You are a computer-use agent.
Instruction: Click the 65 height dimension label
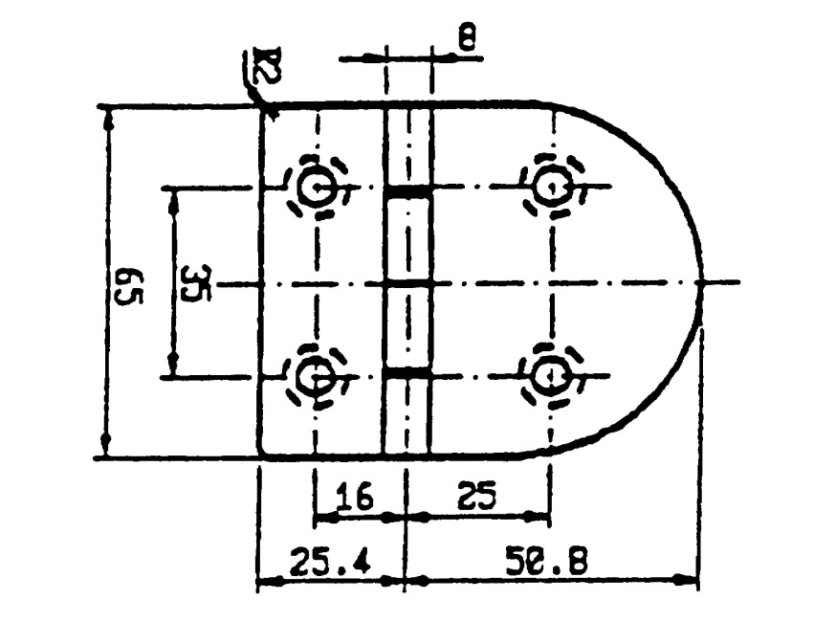[x=127, y=287]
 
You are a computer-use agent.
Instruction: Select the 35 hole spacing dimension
[x=196, y=284]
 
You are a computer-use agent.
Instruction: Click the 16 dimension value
[x=355, y=496]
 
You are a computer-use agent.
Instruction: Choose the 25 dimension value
[x=476, y=495]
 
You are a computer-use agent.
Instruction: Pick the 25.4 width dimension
[x=330, y=560]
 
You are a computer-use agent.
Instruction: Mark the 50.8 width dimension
[x=546, y=560]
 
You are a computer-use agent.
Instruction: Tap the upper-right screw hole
[x=552, y=187]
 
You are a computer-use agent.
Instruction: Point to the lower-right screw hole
[x=552, y=375]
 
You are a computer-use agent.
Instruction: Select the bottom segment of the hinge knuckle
[x=408, y=414]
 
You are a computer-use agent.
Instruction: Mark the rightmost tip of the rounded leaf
[x=702, y=282]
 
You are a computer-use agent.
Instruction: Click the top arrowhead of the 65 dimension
[x=107, y=120]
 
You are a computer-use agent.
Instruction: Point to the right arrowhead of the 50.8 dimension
[x=685, y=580]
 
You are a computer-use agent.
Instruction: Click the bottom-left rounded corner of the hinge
[x=262, y=454]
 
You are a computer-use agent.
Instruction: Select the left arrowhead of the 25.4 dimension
[x=271, y=581]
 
